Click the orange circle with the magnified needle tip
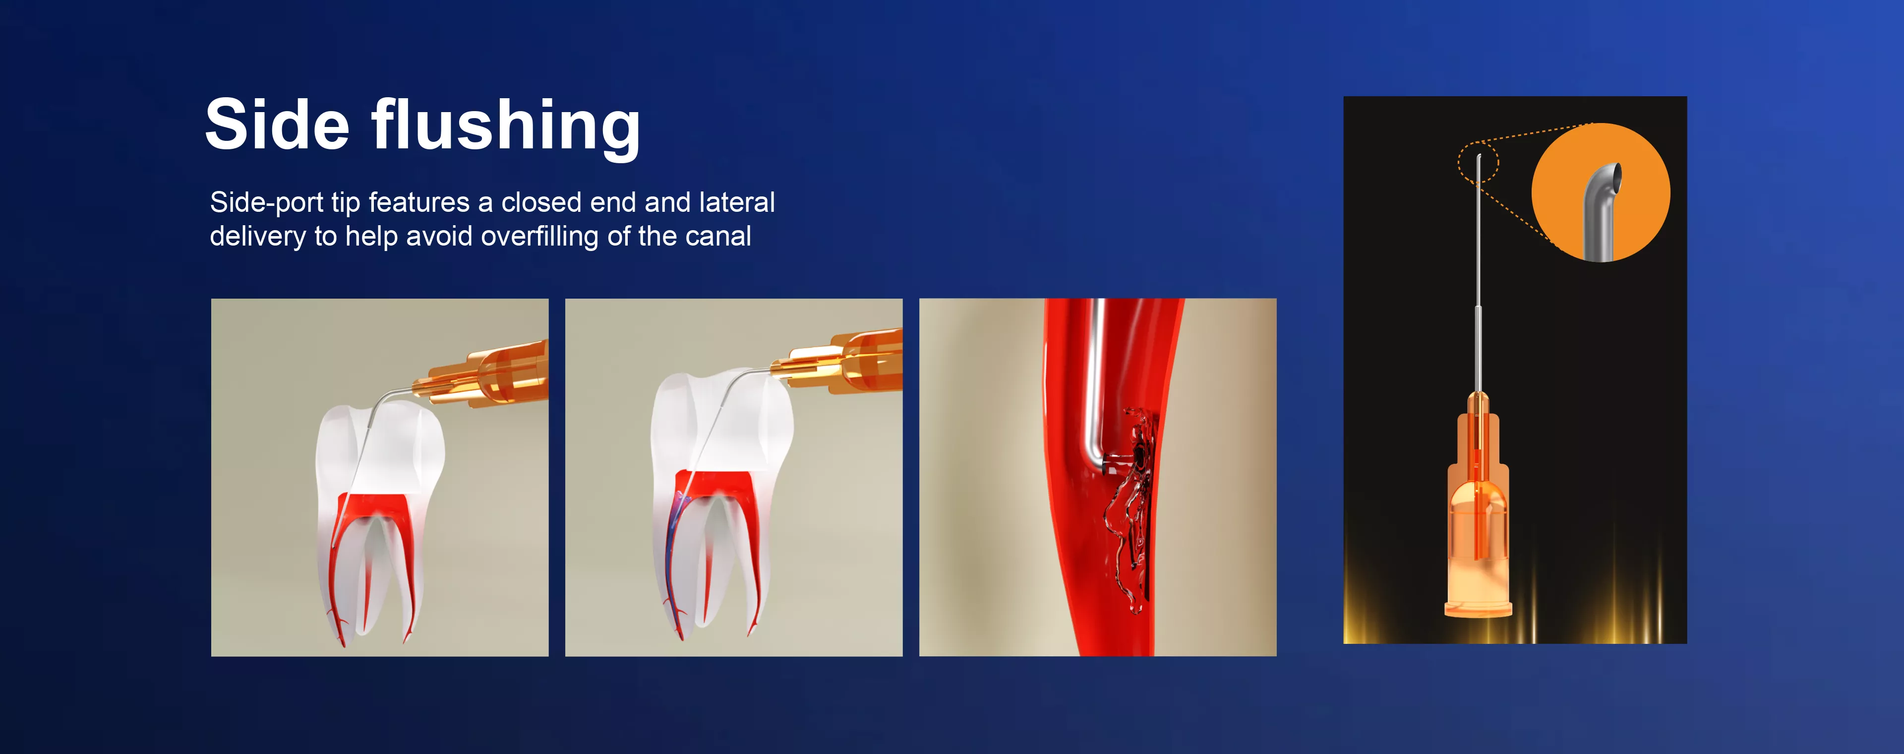click(1601, 192)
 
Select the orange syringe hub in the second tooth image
click(839, 362)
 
